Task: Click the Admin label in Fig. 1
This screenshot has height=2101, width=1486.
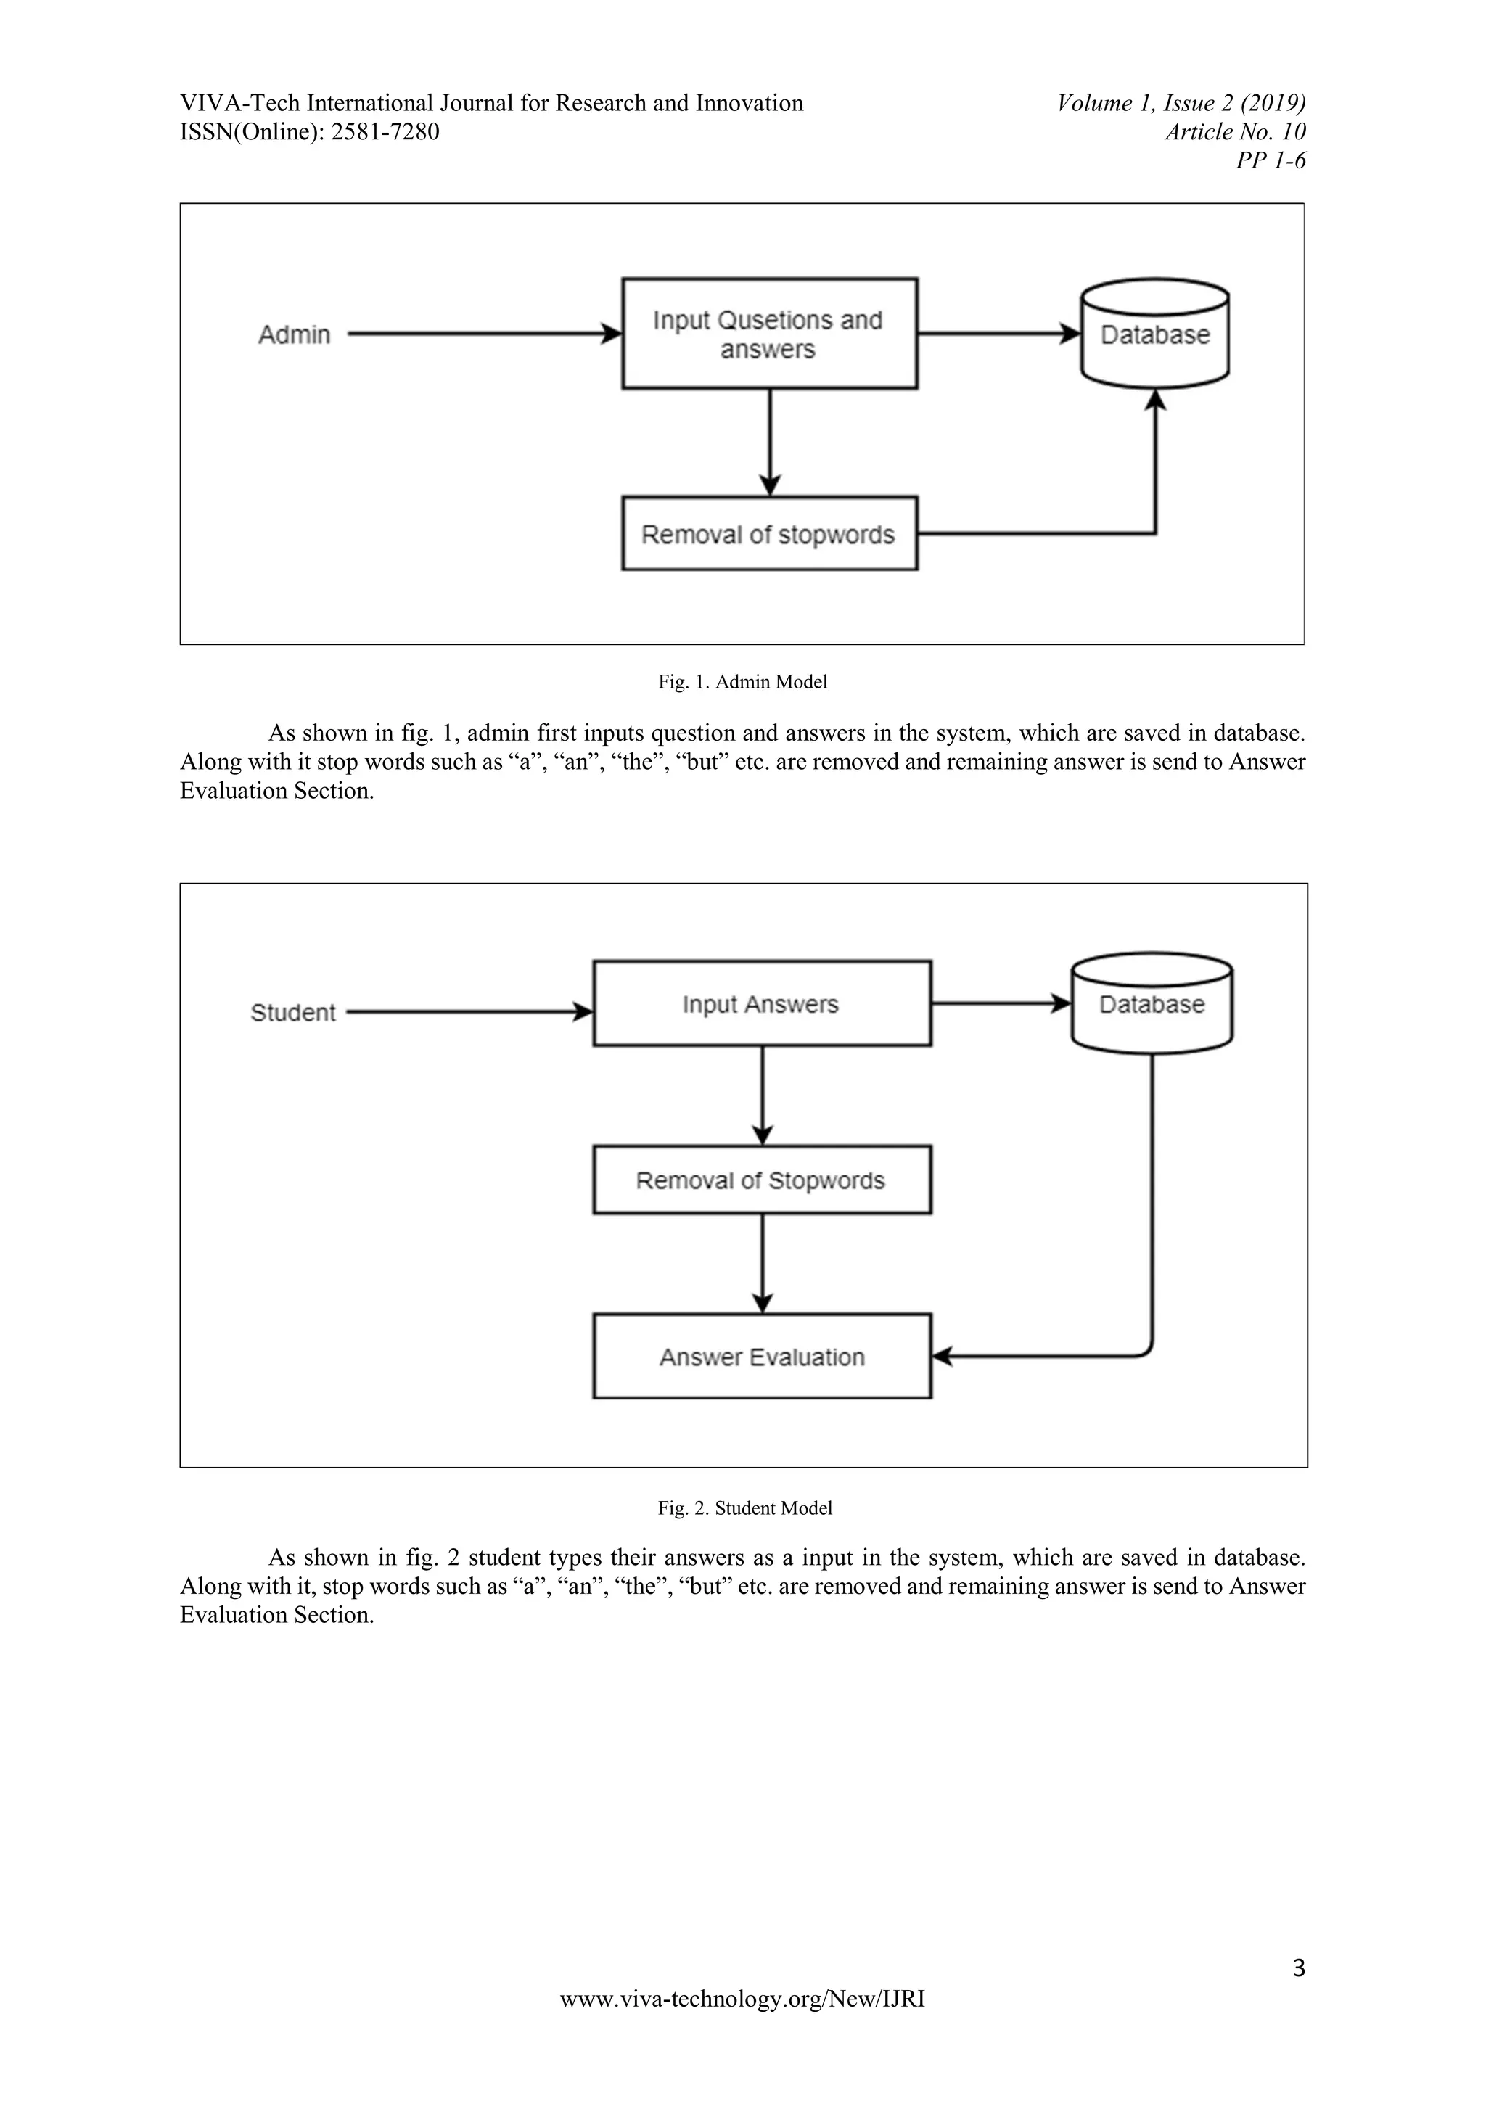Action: coord(294,335)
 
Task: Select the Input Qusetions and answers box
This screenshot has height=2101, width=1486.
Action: coord(768,334)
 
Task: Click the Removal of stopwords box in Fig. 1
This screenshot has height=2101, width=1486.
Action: coord(768,535)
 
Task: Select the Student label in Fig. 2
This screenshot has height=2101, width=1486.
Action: coord(293,1013)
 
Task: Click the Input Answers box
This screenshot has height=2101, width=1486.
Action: coord(761,1004)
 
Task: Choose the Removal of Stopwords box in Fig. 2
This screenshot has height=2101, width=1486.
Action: coord(761,1180)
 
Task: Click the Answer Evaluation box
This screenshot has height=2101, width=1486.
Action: coord(761,1357)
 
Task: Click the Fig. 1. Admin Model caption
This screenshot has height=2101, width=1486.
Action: coord(742,682)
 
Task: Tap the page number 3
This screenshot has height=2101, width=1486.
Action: coord(1298,1968)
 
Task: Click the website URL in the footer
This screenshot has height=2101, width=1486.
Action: coord(742,1999)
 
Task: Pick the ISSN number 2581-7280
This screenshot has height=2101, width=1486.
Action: coord(385,133)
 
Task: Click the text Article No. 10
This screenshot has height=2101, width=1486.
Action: coord(1234,133)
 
